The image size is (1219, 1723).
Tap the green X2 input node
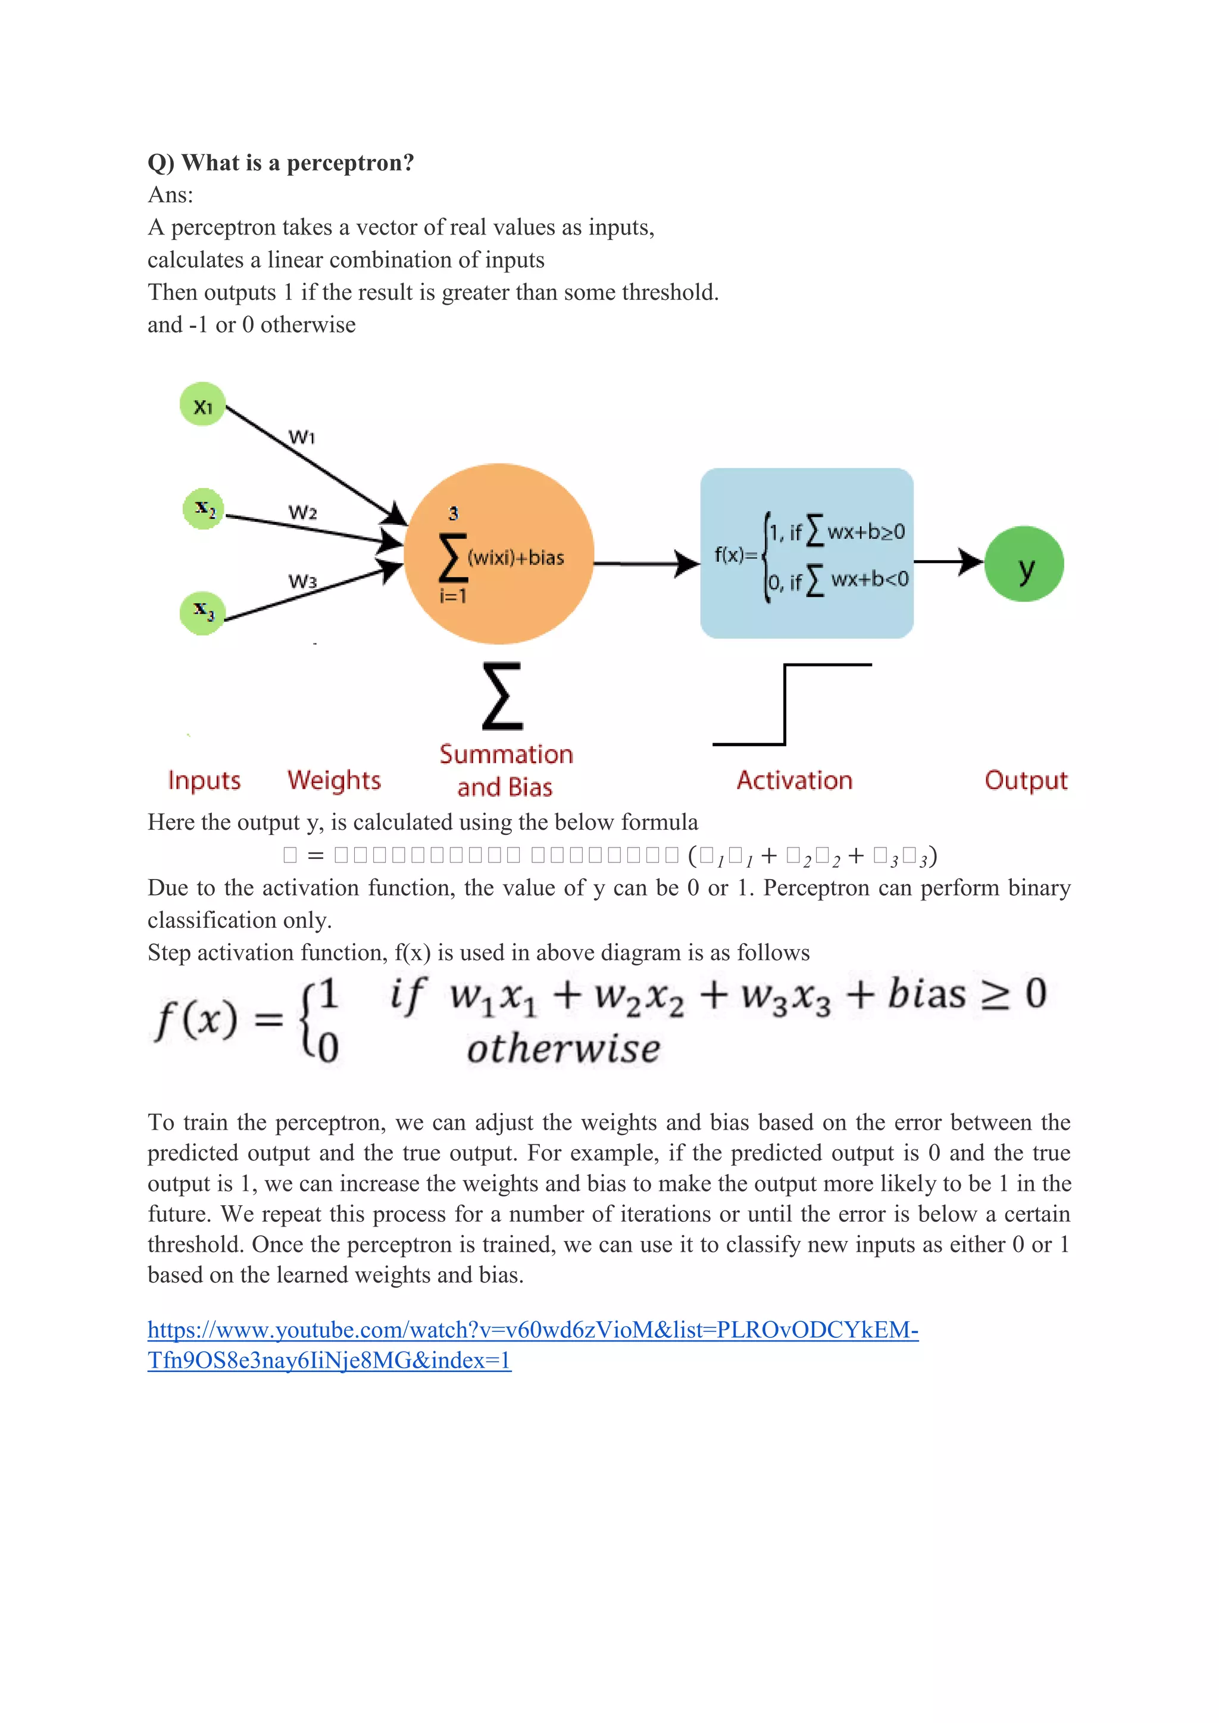coord(204,509)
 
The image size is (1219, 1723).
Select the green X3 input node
coord(202,612)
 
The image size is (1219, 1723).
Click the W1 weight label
coord(302,437)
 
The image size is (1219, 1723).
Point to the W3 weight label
coord(302,581)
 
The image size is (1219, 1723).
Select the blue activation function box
coord(806,553)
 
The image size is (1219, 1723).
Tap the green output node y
coord(1024,564)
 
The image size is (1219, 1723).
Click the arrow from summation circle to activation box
coord(646,563)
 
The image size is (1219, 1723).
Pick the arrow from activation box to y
coord(948,561)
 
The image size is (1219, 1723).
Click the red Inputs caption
coord(204,780)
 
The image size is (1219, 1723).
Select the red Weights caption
coord(334,780)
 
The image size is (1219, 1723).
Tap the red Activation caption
coord(794,780)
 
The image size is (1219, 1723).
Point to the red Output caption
coord(1026,780)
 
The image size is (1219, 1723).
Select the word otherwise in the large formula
coord(563,1048)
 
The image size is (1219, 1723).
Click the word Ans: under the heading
coord(170,195)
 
